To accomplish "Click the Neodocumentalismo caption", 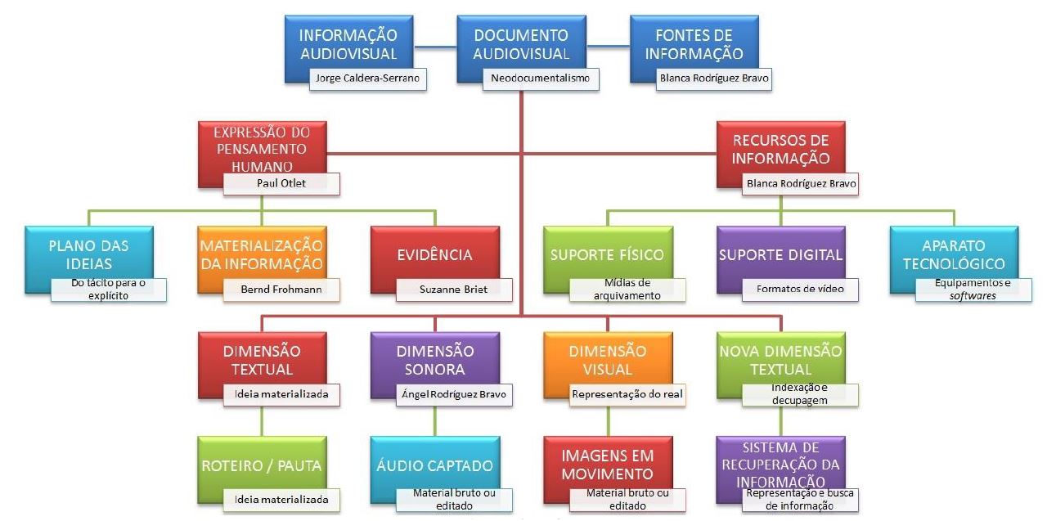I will (540, 79).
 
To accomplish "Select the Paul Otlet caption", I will (281, 183).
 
